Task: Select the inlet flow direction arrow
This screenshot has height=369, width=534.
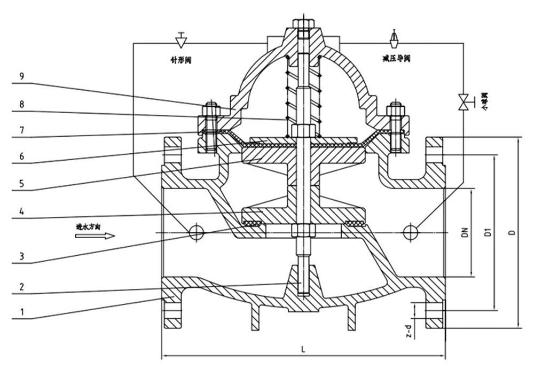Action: point(95,235)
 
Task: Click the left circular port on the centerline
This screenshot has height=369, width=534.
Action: point(196,231)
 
